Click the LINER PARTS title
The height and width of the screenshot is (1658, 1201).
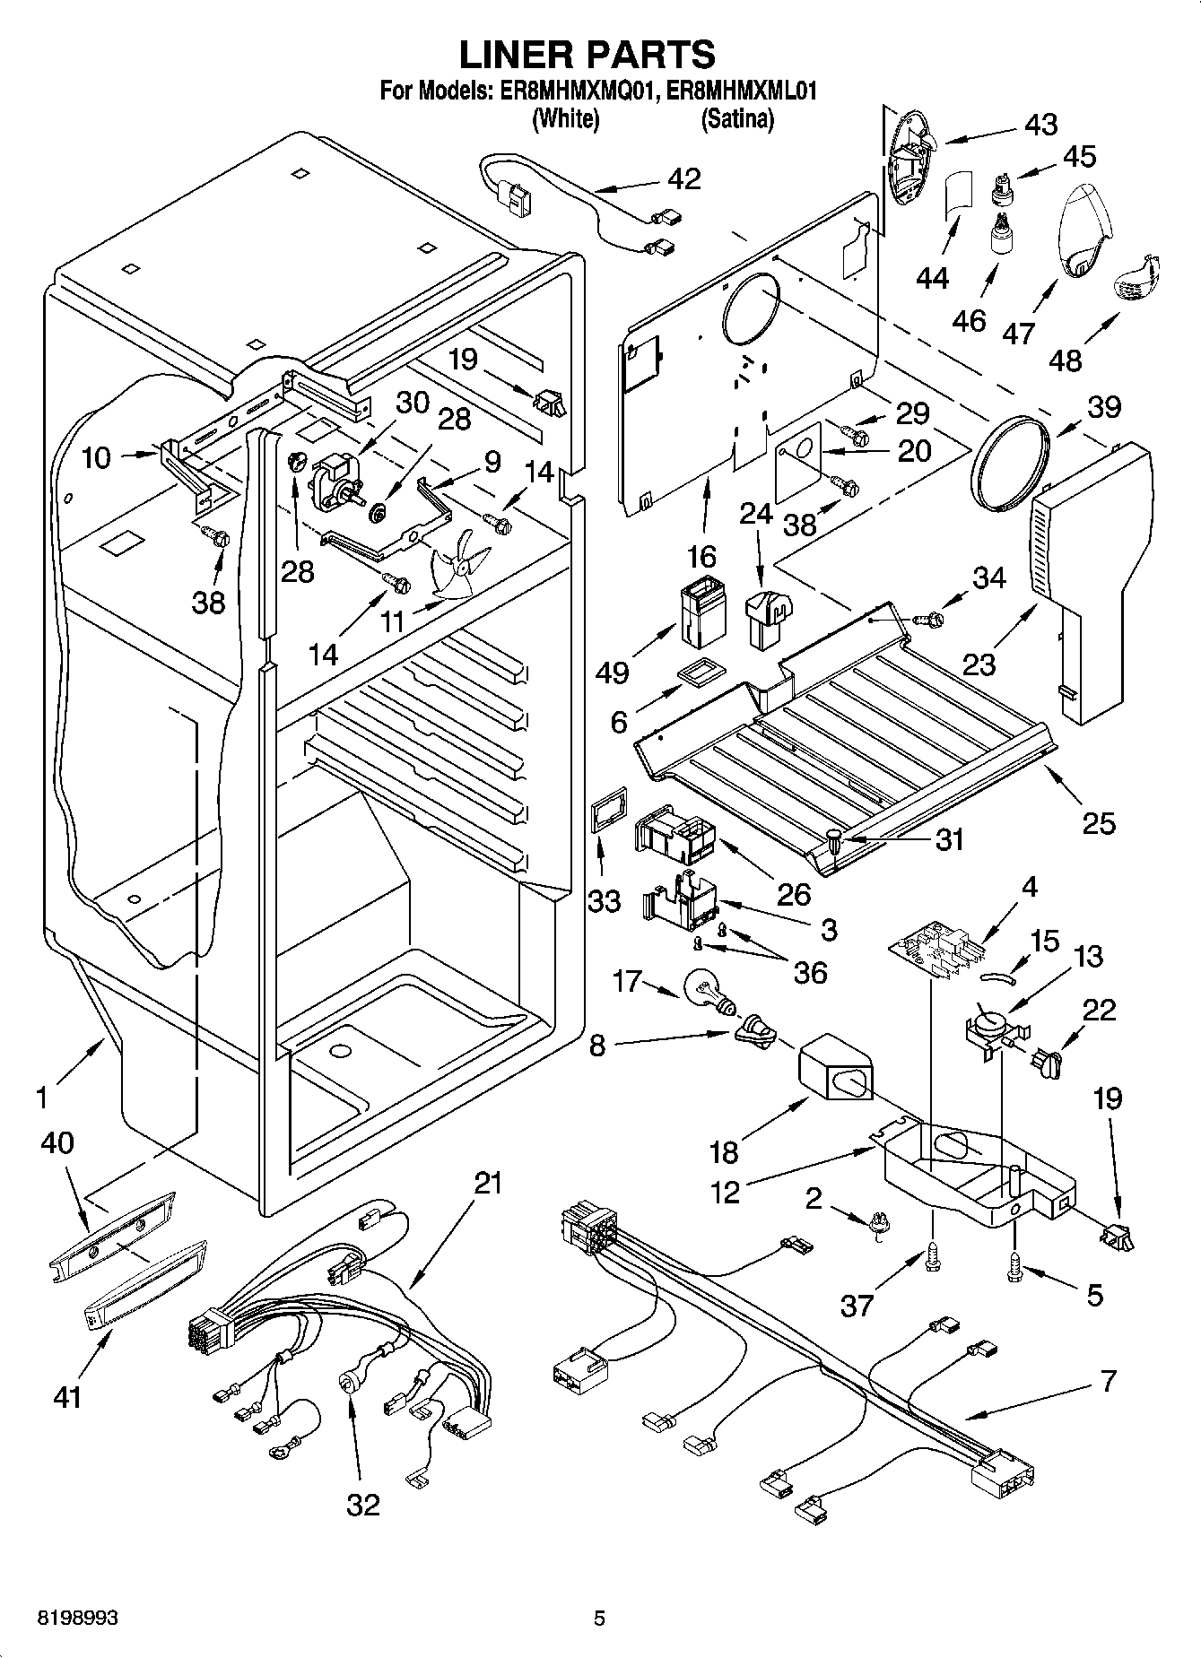click(587, 55)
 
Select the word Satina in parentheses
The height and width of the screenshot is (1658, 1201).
click(737, 118)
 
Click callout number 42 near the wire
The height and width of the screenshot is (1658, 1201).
click(683, 178)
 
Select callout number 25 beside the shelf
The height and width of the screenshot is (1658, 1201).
click(1099, 821)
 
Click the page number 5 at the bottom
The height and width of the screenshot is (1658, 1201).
click(599, 1618)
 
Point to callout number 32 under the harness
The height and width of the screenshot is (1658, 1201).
click(363, 1504)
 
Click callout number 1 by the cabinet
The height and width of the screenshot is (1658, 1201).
click(41, 1095)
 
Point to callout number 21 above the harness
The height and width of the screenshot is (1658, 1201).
click(488, 1183)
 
